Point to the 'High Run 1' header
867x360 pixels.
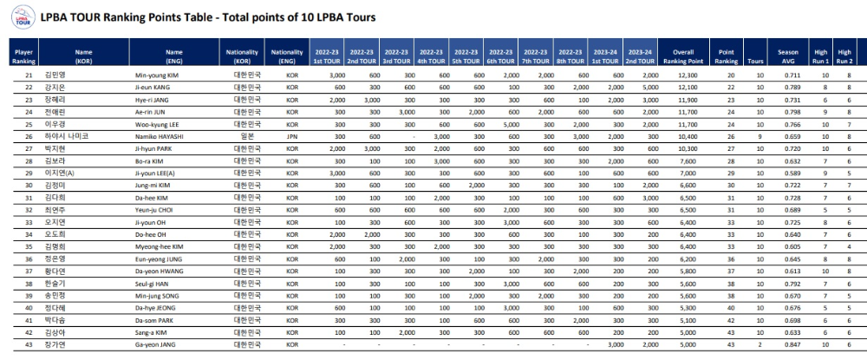coord(820,56)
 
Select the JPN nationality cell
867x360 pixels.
coord(291,136)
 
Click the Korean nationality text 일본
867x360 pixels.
coord(242,136)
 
